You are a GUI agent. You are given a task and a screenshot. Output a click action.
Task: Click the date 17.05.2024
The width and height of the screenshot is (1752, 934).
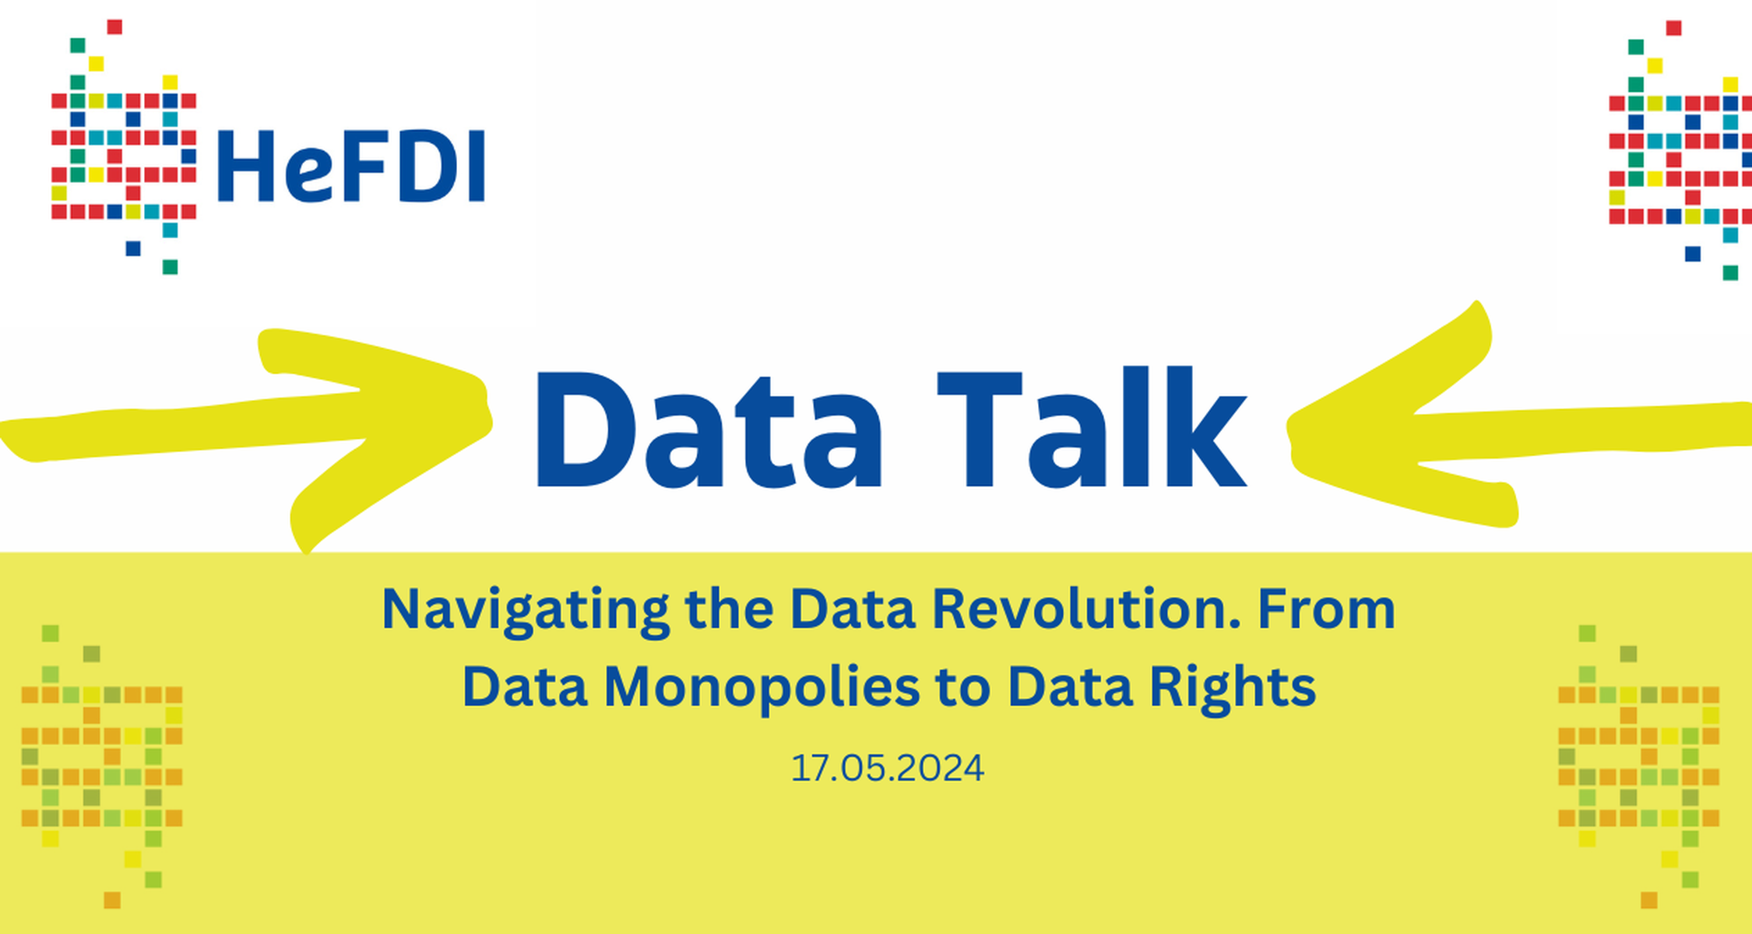pyautogui.click(x=888, y=768)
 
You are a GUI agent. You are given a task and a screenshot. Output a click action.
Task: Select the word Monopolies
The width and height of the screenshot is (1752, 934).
pyautogui.click(x=762, y=688)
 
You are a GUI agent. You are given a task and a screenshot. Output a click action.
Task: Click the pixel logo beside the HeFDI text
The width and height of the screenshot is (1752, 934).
pyautogui.click(x=124, y=146)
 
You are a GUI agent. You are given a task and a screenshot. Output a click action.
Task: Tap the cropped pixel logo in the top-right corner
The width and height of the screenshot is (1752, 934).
pyautogui.click(x=1680, y=150)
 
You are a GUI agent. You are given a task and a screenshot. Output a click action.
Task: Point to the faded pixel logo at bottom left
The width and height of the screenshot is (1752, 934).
pyautogui.click(x=102, y=766)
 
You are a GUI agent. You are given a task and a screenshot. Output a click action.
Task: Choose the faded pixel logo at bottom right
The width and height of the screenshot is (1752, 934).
pyautogui.click(x=1638, y=766)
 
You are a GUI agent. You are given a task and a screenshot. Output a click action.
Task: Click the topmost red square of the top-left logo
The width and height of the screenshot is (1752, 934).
pyautogui.click(x=114, y=27)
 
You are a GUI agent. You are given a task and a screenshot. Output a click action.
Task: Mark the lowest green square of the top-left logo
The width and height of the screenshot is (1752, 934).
pyautogui.click(x=170, y=267)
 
